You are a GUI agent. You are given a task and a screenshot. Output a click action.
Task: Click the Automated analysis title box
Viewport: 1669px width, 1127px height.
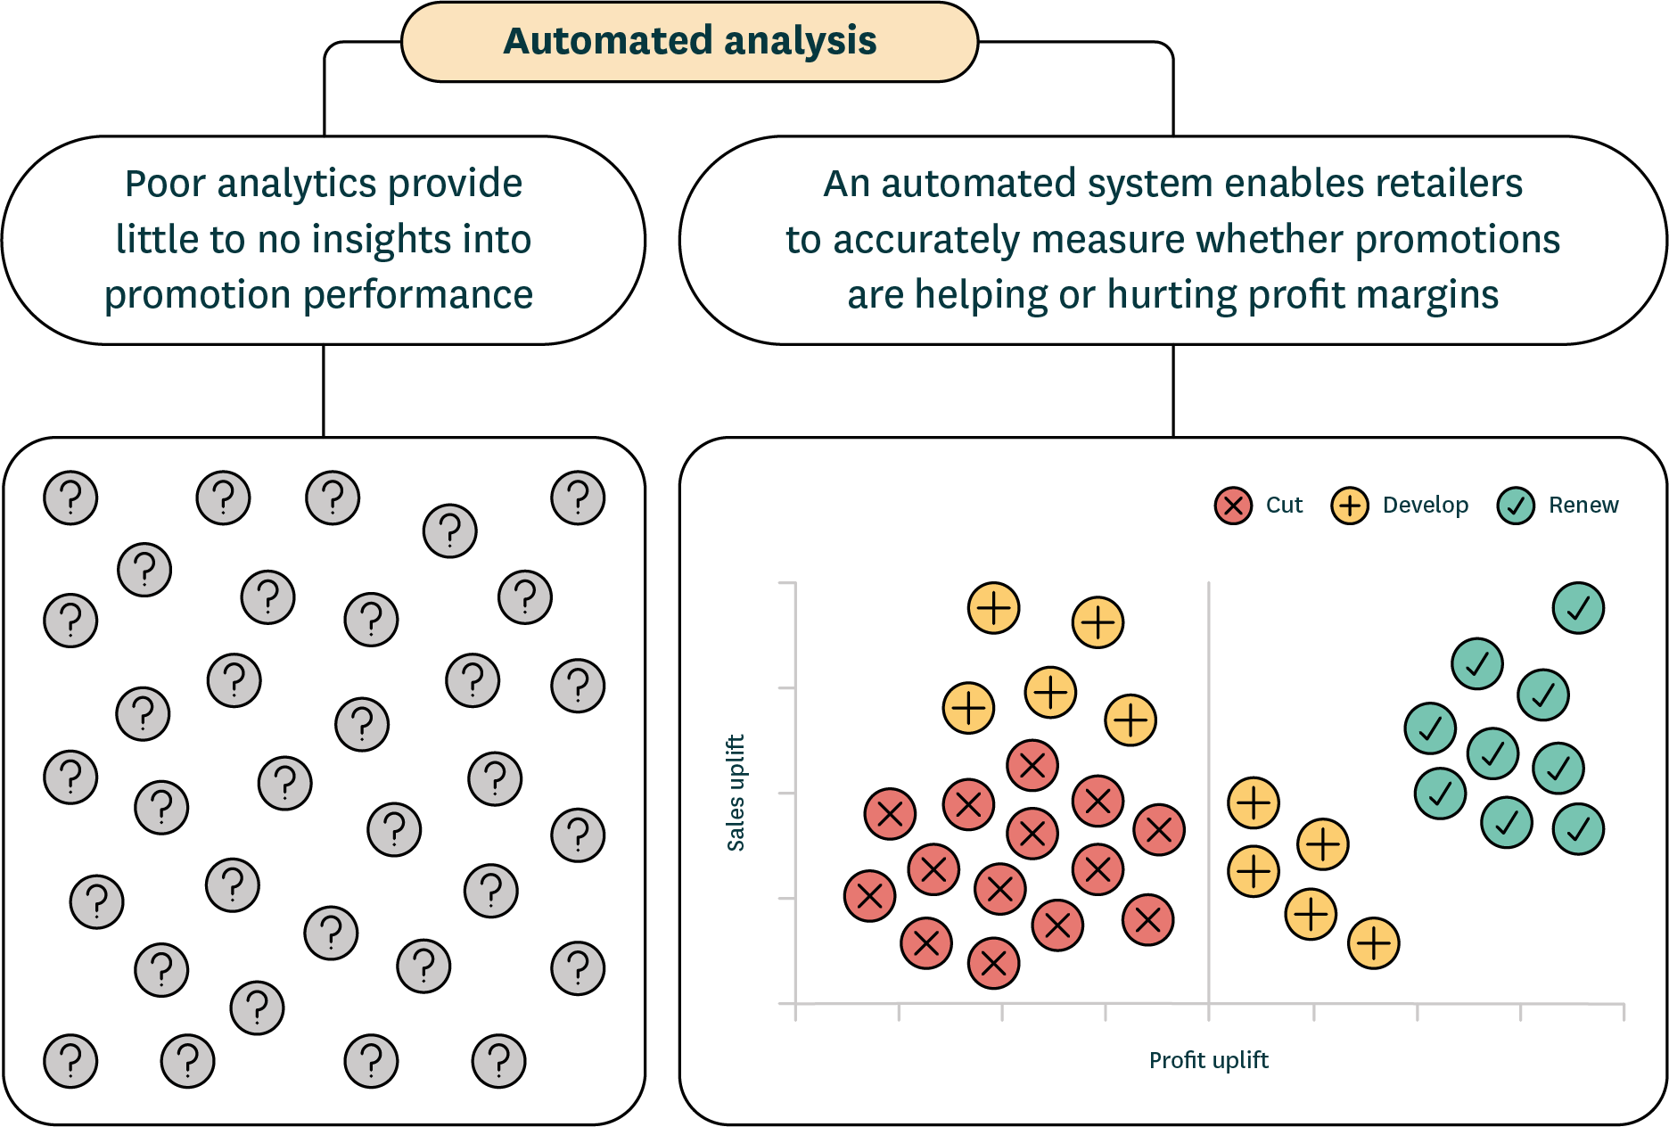pos(689,42)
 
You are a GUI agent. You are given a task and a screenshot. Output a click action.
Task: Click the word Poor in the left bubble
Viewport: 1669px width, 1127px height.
pos(164,184)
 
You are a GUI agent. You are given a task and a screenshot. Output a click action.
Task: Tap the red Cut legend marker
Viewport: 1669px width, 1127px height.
pos(1233,506)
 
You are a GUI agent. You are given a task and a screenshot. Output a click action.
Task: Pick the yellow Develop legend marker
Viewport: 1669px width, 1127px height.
pos(1350,506)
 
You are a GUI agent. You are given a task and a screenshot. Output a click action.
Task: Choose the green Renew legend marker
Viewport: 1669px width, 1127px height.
pos(1516,506)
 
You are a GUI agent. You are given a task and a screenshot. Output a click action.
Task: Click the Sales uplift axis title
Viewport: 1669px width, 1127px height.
pos(736,793)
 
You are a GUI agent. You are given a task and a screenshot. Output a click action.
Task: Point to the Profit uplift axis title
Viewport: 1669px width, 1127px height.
pos(1208,1060)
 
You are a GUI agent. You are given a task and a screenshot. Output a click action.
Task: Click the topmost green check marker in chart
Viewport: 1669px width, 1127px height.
pos(1578,608)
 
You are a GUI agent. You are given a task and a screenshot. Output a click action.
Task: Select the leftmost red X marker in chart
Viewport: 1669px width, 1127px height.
pos(869,896)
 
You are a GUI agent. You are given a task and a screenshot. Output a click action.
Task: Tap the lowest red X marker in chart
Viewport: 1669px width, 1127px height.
pos(993,963)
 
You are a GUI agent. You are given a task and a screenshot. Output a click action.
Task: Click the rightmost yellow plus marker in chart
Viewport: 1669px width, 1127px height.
pos(1373,942)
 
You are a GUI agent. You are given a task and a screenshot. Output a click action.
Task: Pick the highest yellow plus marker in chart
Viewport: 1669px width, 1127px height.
pos(993,608)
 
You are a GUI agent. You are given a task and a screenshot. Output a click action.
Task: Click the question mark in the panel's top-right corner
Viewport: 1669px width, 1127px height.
pos(578,498)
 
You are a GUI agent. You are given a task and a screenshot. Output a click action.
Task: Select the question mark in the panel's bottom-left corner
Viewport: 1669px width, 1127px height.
pos(70,1061)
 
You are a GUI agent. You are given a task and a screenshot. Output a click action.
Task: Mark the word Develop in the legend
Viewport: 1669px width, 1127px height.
pos(1425,506)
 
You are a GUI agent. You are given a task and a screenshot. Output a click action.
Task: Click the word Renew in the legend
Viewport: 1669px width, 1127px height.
pos(1583,506)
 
